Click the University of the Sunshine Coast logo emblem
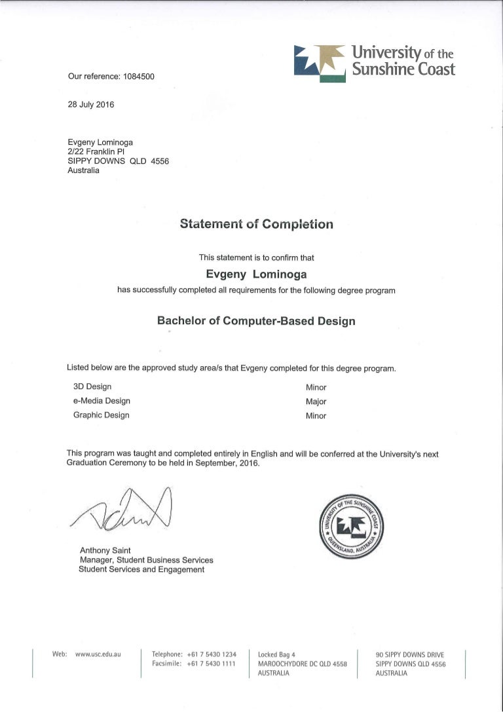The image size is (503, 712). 320,63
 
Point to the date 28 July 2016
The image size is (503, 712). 91,104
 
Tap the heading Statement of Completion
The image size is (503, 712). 256,225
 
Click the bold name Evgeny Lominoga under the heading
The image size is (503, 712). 256,274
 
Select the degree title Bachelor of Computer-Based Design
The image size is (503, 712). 256,321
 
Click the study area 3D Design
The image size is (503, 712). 92,386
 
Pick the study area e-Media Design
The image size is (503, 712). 102,401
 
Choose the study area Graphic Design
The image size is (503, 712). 101,415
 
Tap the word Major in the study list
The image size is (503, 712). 316,402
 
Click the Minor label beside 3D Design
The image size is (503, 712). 316,387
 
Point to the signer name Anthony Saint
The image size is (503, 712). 105,551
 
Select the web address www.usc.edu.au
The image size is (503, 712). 98,654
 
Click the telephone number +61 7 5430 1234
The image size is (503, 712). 211,654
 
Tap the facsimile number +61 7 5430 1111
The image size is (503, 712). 211,664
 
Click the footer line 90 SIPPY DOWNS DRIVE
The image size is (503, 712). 410,654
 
